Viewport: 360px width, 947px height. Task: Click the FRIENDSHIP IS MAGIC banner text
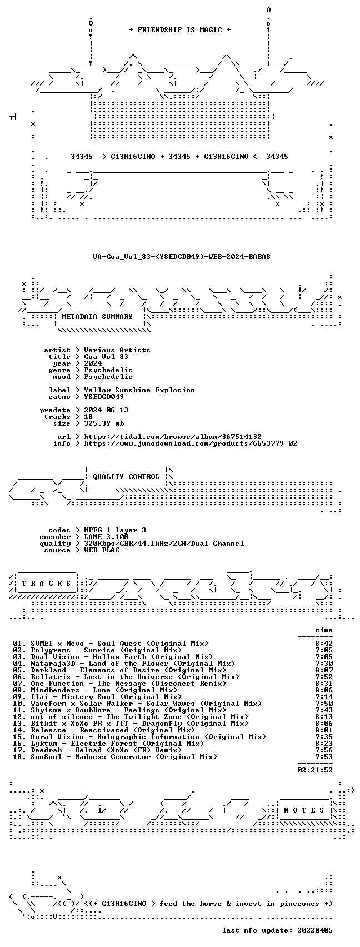pos(180,30)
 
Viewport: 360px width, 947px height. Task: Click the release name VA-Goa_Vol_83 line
pos(182,257)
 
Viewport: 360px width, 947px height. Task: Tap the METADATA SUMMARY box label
pos(97,317)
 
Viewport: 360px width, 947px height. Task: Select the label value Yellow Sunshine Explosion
pos(139,390)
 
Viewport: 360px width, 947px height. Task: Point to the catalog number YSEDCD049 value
pos(104,397)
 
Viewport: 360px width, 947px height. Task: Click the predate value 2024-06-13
pos(106,410)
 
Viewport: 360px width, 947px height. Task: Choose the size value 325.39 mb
pos(104,423)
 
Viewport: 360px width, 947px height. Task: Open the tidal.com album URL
pos(173,437)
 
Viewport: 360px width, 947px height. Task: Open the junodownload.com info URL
pos(191,443)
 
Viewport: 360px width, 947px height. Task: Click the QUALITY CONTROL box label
pos(126,477)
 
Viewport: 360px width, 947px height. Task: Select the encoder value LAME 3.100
pos(106,537)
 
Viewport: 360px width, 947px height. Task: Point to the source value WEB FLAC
pos(102,550)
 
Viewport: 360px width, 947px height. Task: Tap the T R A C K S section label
pos(47,584)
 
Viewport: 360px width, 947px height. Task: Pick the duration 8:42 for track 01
pos(324,644)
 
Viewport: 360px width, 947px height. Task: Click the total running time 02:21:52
pos(315,770)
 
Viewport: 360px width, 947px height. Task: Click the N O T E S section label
pos(304,810)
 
